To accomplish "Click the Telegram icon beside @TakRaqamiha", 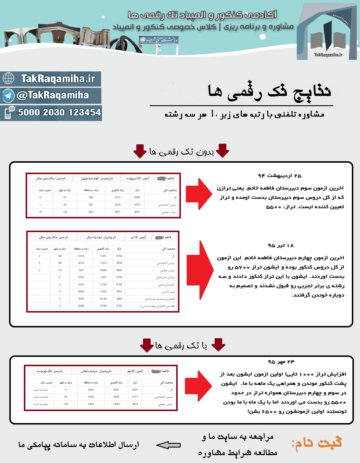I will pos(8,95).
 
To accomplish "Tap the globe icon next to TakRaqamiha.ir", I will pos(8,78).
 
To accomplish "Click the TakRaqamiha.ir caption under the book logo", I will pos(328,55).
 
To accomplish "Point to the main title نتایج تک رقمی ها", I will pos(269,92).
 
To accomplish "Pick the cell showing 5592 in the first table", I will pos(137,197).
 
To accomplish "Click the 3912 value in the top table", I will pos(118,197).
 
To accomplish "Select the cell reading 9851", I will pos(118,212).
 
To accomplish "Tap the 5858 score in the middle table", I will pos(119,263).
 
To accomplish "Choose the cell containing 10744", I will pos(103,306).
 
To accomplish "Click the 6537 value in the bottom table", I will pos(135,390).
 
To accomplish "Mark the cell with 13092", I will pos(116,404).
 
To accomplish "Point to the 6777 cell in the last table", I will pos(135,397).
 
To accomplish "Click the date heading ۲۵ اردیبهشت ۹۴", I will pos(280,176).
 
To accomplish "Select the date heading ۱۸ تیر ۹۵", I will pos(281,245).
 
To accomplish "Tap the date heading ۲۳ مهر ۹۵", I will pos(281,362).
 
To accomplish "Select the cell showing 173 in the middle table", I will pos(60,270).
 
